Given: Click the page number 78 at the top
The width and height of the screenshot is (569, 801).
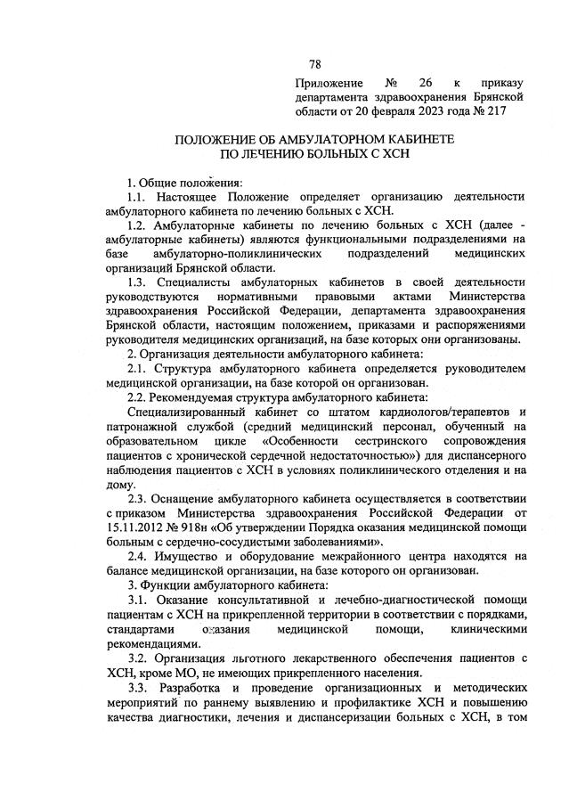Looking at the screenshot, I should point(314,64).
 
